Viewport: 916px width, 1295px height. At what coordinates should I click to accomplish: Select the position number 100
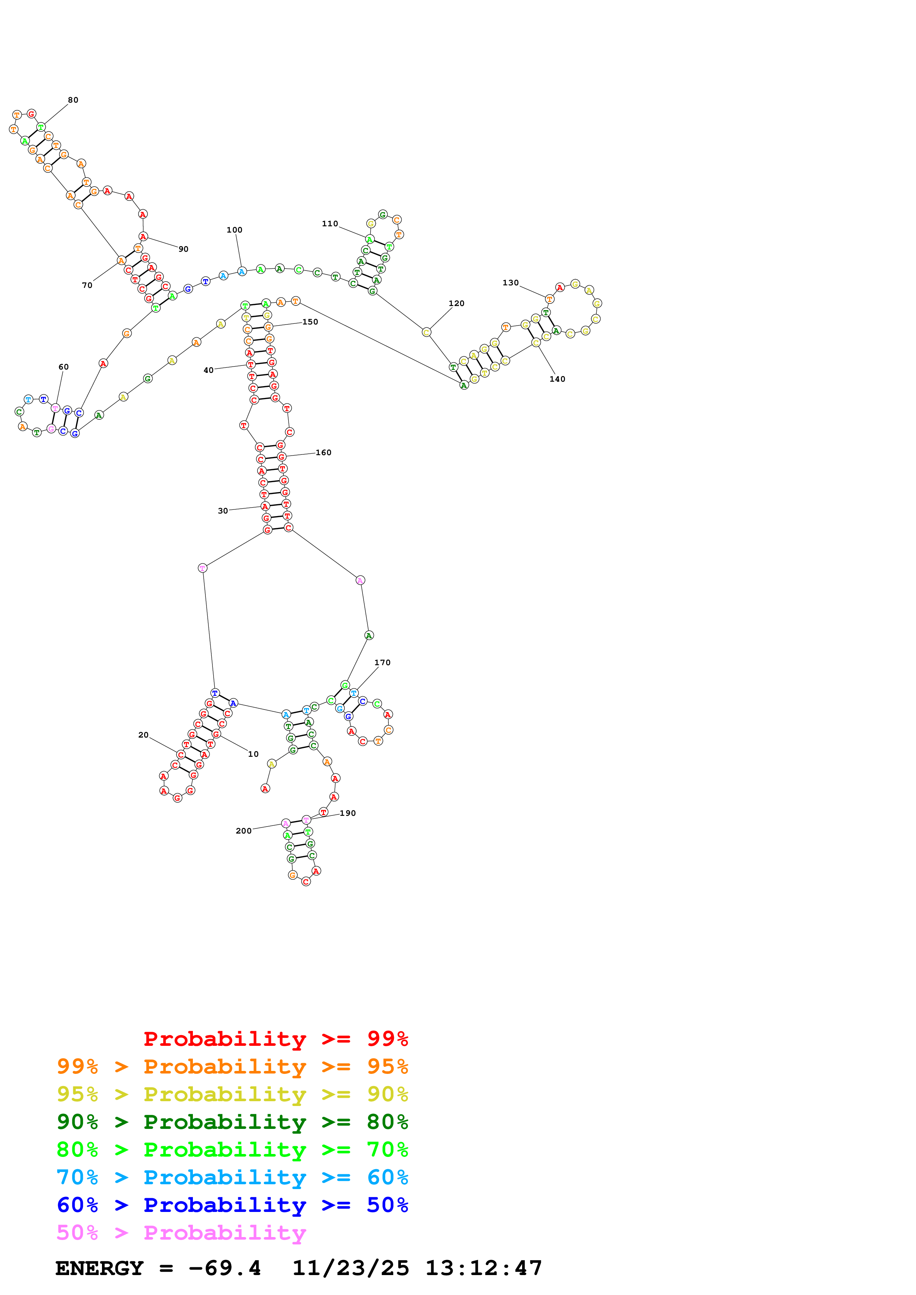(x=234, y=230)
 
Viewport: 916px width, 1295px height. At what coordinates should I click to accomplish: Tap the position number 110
(x=330, y=224)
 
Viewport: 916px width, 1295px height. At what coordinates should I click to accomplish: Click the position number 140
(x=557, y=379)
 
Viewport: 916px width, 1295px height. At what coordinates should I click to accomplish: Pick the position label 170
(x=382, y=663)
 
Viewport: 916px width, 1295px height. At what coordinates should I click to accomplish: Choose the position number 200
(x=243, y=831)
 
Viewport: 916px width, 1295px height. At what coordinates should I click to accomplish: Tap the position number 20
(x=143, y=735)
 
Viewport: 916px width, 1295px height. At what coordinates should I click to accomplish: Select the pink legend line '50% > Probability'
(x=181, y=1233)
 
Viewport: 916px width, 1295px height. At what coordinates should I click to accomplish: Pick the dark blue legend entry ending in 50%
(x=232, y=1205)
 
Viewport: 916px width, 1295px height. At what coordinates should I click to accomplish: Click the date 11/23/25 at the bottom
(x=350, y=1268)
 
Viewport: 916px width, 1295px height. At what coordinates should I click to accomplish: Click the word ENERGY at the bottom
(x=99, y=1268)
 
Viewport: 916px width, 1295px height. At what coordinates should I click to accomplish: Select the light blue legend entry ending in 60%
(x=232, y=1178)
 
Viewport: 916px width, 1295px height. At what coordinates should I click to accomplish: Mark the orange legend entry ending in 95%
(x=232, y=1066)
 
